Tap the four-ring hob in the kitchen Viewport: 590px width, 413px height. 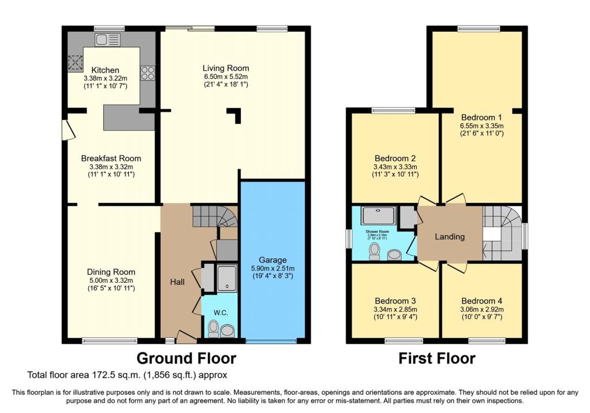click(147, 73)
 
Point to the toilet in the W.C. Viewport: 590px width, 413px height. click(213, 329)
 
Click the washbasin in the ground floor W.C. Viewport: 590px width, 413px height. click(228, 330)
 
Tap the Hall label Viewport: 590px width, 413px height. click(177, 282)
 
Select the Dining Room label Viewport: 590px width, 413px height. click(111, 272)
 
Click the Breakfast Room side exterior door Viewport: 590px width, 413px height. click(67, 127)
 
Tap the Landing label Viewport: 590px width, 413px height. click(449, 236)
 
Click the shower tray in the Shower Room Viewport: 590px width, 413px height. click(378, 216)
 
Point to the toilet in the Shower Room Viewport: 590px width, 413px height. click(374, 250)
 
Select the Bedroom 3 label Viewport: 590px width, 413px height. click(395, 301)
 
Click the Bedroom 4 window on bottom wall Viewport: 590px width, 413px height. click(483, 341)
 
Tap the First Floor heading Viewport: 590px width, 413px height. click(437, 358)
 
